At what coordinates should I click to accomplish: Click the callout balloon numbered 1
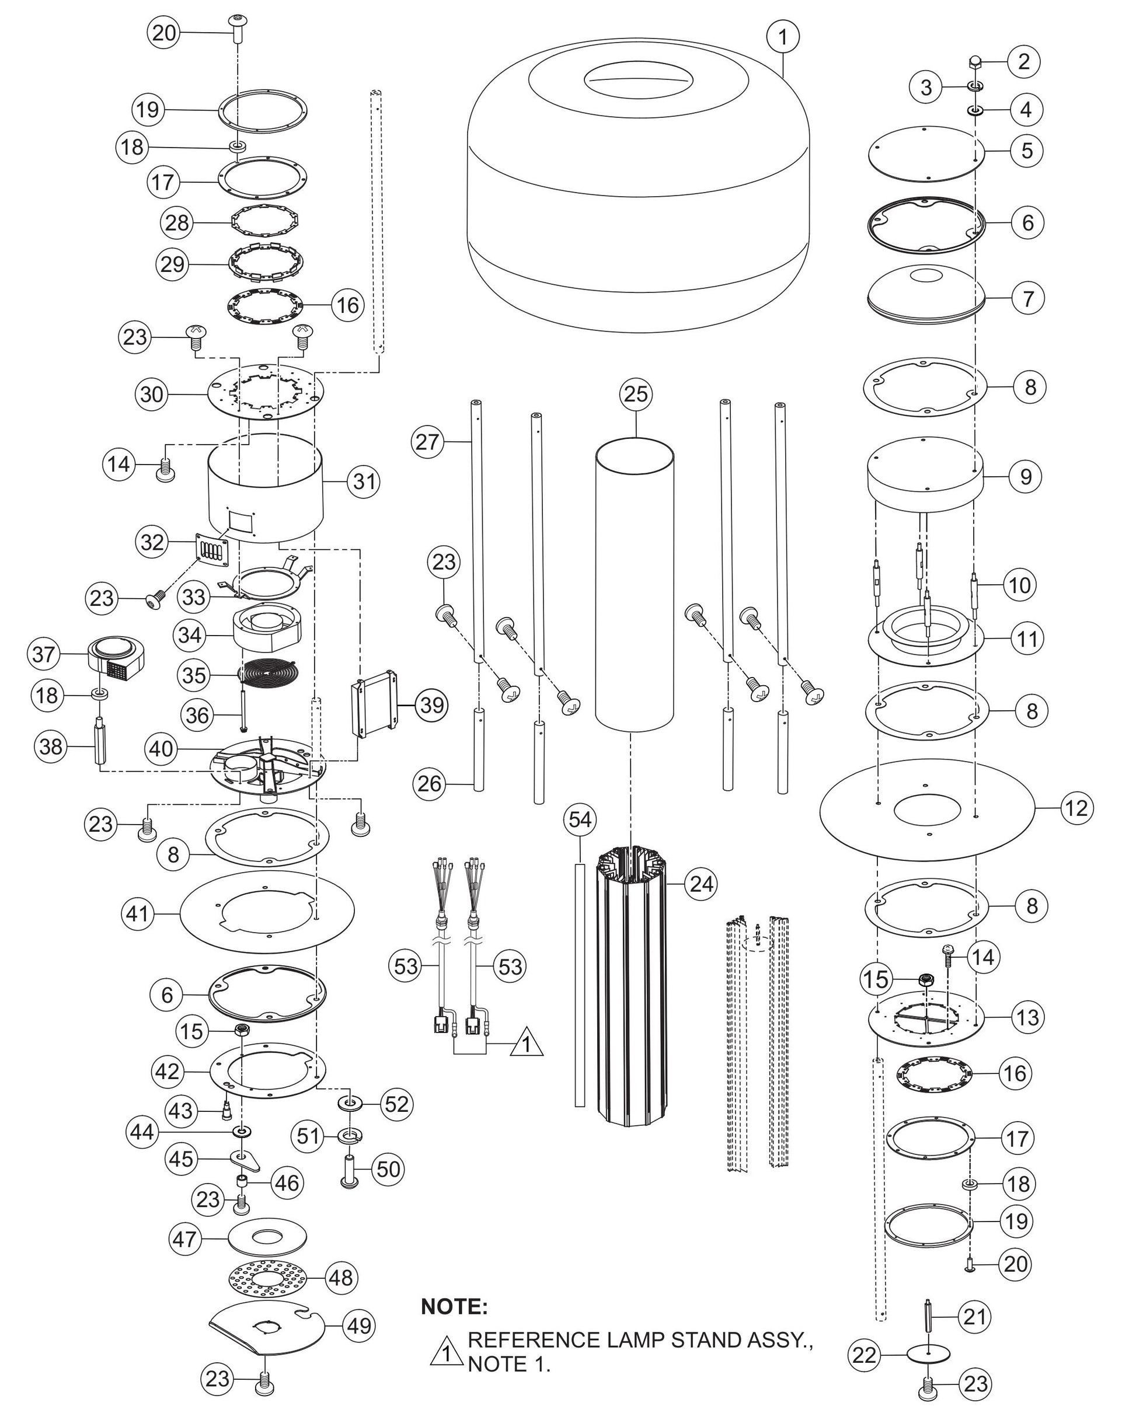click(x=782, y=37)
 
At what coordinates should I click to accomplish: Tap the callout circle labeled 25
click(x=635, y=394)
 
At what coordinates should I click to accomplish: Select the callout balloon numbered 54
click(x=580, y=820)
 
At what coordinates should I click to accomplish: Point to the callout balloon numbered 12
click(x=1076, y=808)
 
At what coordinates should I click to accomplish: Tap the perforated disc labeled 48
click(x=267, y=1278)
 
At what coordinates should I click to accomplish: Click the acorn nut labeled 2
click(x=975, y=63)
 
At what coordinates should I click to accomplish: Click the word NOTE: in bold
click(x=454, y=1306)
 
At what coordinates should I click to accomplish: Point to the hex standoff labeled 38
click(x=100, y=742)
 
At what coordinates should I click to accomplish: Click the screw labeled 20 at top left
click(x=236, y=28)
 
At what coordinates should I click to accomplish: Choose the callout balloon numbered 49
click(x=359, y=1326)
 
